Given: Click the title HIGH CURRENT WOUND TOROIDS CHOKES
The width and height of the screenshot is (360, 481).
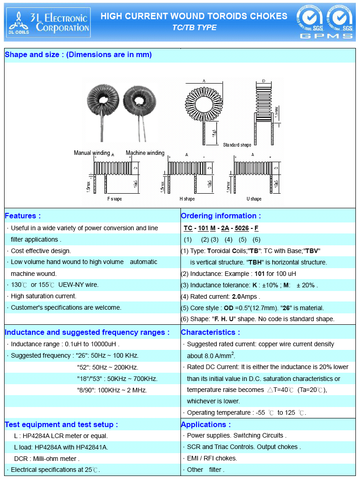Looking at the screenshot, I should click(x=194, y=16).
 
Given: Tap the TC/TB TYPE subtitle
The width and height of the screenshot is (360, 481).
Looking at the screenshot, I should click(x=194, y=28).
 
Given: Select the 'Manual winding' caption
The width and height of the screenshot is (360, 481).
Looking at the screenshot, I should click(x=92, y=153).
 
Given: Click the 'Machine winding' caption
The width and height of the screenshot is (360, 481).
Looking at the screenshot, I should click(x=145, y=153).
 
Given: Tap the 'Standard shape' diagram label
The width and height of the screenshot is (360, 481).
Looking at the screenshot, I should click(x=237, y=145).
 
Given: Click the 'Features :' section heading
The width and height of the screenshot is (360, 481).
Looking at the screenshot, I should click(x=23, y=216).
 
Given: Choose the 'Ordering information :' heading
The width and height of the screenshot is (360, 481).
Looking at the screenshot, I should click(x=221, y=216).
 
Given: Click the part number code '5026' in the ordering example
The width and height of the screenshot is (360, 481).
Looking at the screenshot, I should click(x=242, y=228).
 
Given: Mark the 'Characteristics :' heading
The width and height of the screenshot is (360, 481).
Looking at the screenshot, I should click(x=210, y=332).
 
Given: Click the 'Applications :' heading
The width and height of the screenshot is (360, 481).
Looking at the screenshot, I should click(x=206, y=424).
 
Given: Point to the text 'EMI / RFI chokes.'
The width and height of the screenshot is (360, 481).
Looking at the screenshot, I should click(x=212, y=458).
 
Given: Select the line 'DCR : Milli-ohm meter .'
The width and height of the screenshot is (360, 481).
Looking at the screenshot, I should click(x=47, y=458).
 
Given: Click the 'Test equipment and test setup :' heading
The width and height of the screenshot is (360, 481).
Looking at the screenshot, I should click(x=61, y=424).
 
